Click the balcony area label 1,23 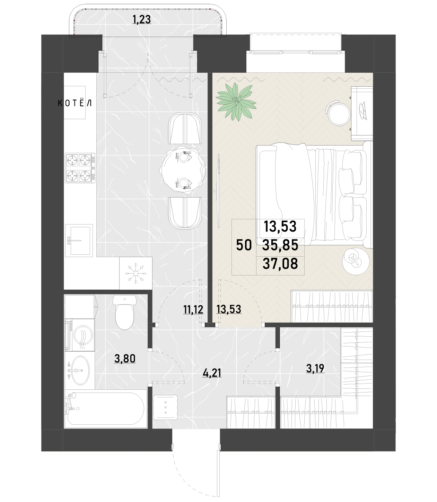coord(141,19)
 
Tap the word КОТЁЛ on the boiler coord(75,103)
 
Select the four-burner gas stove coord(80,168)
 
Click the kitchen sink coord(79,240)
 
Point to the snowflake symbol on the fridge coord(134,273)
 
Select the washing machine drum coord(83,335)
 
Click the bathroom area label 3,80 coord(125,359)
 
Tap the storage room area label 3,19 coord(315,368)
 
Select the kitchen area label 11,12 coord(193,310)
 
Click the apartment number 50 coord(244,245)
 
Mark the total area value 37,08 coord(280,264)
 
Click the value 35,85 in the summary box coord(280,245)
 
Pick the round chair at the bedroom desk coord(339,113)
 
